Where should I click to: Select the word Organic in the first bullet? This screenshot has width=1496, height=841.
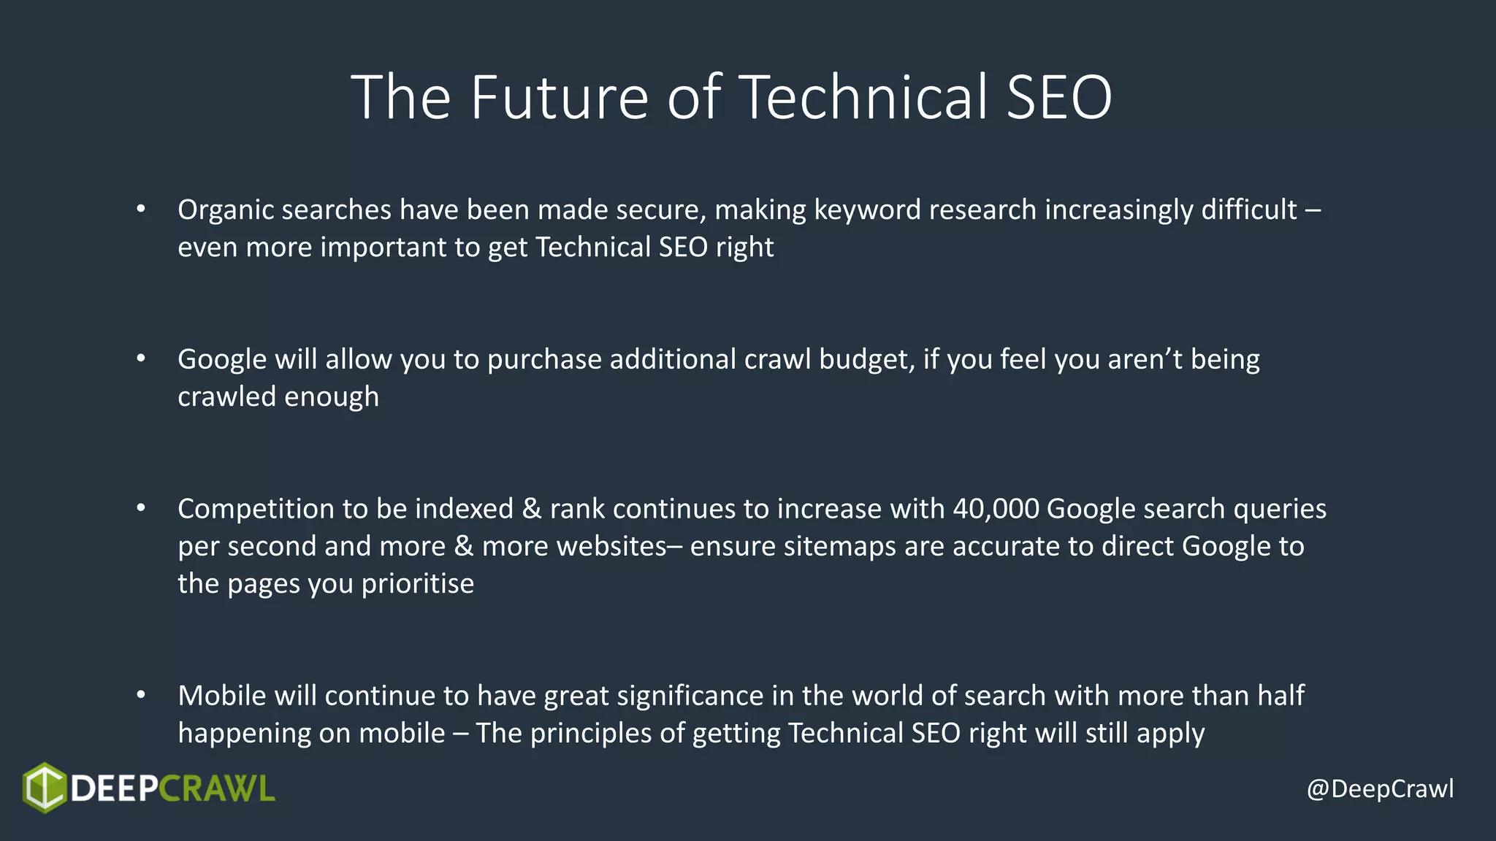click(225, 210)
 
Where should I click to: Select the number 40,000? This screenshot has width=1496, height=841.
click(996, 509)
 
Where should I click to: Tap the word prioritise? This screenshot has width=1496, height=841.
click(417, 584)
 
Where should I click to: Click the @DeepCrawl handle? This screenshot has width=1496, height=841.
click(1380, 789)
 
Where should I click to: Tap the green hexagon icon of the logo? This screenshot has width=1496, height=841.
click(45, 788)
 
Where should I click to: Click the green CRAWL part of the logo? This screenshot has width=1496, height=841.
click(216, 789)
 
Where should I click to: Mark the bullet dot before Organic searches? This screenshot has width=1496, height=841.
click(141, 209)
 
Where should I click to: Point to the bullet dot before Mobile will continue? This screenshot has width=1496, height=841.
click(141, 695)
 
